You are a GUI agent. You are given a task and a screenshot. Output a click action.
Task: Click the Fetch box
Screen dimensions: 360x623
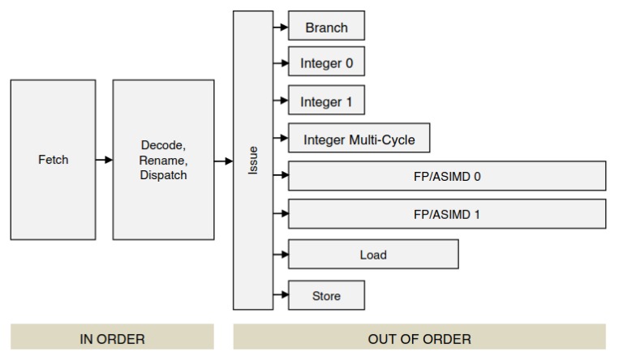click(x=53, y=160)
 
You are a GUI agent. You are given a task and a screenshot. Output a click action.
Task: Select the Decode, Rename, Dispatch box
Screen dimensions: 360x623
click(x=163, y=160)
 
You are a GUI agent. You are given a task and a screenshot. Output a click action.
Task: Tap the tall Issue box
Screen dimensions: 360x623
click(x=252, y=160)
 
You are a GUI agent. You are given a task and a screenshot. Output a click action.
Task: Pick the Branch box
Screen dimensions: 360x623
click(x=326, y=28)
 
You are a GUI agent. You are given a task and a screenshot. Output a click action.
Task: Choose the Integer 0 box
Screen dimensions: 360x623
click(x=326, y=62)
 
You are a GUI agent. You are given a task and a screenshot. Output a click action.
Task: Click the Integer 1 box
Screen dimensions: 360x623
click(x=326, y=101)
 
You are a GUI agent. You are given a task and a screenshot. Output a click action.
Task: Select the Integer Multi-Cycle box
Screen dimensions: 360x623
click(x=359, y=139)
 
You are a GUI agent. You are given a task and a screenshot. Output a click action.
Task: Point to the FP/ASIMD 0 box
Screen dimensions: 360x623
click(x=447, y=176)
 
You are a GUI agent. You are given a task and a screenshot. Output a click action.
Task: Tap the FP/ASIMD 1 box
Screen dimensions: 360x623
click(x=447, y=214)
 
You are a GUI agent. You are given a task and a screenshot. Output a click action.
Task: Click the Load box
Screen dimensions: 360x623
click(x=373, y=255)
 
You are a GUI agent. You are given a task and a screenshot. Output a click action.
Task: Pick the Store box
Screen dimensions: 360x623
click(x=326, y=296)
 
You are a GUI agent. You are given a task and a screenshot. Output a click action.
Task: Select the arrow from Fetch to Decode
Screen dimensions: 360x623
click(x=104, y=160)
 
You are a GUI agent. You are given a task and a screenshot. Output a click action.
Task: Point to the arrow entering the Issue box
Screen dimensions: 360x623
click(x=223, y=161)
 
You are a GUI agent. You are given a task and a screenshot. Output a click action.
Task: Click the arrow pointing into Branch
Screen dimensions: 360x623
click(x=281, y=28)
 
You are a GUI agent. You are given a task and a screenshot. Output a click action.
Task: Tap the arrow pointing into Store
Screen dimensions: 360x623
click(x=281, y=295)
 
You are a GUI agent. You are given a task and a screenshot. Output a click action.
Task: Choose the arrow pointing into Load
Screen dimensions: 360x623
click(x=281, y=255)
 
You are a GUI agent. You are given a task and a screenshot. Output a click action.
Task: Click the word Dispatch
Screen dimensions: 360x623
click(x=163, y=174)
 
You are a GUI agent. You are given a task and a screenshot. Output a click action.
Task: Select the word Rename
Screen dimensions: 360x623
click(x=163, y=161)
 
